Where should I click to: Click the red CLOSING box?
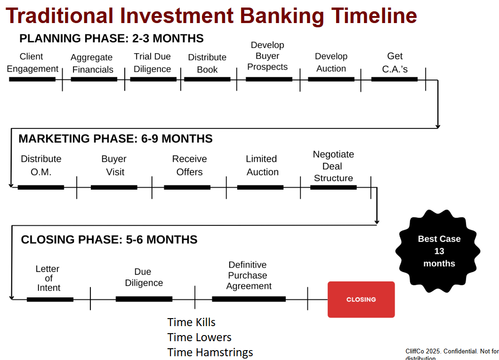click(x=361, y=299)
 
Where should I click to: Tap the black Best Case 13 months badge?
click(x=438, y=251)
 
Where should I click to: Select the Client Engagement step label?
click(x=32, y=62)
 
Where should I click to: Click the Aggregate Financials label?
click(x=92, y=63)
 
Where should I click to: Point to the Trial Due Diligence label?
click(x=152, y=63)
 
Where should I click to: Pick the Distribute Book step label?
click(x=207, y=63)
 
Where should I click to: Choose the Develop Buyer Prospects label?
click(x=267, y=56)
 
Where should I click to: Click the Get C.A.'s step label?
click(x=394, y=62)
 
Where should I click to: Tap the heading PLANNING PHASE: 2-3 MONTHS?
click(x=112, y=39)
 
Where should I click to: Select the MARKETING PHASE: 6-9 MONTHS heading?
click(x=115, y=139)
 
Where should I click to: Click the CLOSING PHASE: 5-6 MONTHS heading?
click(x=109, y=240)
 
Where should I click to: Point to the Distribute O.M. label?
click(x=41, y=165)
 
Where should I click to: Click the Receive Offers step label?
click(x=189, y=165)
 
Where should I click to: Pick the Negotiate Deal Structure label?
click(x=333, y=166)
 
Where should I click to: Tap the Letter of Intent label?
click(x=48, y=278)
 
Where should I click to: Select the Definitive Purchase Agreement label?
click(x=249, y=275)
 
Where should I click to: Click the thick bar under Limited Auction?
click(x=260, y=187)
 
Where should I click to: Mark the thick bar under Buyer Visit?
click(x=114, y=187)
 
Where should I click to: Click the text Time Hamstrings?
click(x=210, y=352)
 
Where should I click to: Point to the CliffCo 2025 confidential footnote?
click(x=452, y=354)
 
